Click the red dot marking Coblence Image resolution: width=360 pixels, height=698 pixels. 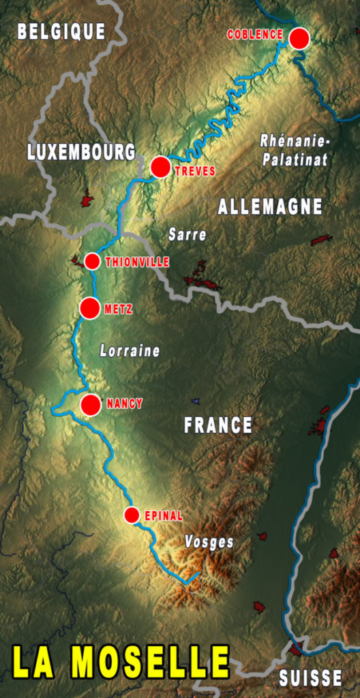[299, 38]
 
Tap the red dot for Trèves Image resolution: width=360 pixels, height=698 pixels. [160, 167]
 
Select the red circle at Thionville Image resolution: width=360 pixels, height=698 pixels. [93, 261]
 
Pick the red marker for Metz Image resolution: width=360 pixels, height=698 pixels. [89, 308]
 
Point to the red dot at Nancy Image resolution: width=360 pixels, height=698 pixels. [91, 405]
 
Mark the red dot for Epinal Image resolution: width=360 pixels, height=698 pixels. [132, 515]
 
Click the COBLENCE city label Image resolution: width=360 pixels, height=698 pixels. [255, 35]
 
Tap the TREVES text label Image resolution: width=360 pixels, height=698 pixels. [195, 172]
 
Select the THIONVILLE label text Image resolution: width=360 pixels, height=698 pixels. [138, 262]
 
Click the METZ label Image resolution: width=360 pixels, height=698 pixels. [119, 309]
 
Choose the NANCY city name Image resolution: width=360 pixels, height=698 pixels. [125, 404]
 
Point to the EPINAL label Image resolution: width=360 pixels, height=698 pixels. [164, 516]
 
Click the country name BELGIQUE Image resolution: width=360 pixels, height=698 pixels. [61, 31]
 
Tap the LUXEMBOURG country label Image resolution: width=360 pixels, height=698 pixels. [81, 152]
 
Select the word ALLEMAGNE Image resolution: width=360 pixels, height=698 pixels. [270, 207]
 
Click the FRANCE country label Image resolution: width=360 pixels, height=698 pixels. [218, 425]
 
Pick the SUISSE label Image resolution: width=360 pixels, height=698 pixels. [310, 678]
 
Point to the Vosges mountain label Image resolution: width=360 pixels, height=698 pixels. [209, 543]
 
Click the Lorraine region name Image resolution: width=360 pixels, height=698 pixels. [130, 351]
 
